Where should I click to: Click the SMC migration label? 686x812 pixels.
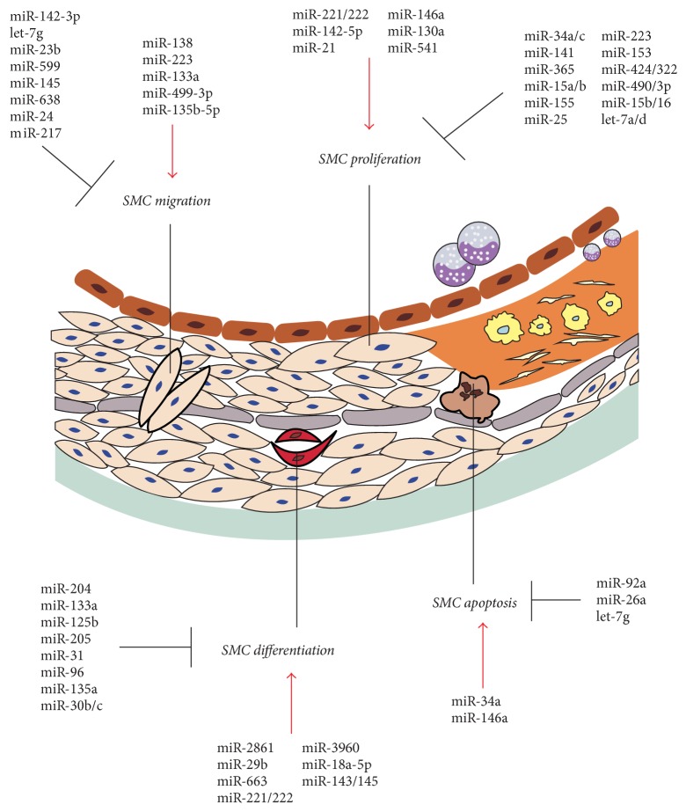pyautogui.click(x=167, y=201)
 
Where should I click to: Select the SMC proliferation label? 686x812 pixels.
pyautogui.click(x=369, y=159)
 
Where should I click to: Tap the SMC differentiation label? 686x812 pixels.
pyautogui.click(x=279, y=651)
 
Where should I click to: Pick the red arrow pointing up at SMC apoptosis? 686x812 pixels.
pyautogui.click(x=482, y=654)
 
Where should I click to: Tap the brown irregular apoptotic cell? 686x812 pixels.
pyautogui.click(x=471, y=392)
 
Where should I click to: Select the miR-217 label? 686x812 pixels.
pyautogui.click(x=35, y=134)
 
